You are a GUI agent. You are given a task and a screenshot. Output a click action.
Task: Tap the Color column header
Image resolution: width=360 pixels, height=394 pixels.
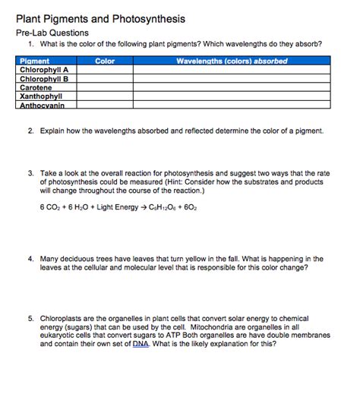point(105,61)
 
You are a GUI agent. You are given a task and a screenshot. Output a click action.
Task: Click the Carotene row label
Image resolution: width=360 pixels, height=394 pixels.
point(36,88)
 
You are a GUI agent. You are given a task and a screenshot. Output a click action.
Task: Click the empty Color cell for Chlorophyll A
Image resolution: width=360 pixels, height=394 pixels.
point(105,70)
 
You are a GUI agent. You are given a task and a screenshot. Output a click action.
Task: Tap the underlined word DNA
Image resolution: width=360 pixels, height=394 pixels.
point(140,343)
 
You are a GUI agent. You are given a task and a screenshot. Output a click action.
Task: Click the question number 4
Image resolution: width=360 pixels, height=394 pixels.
point(30,259)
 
